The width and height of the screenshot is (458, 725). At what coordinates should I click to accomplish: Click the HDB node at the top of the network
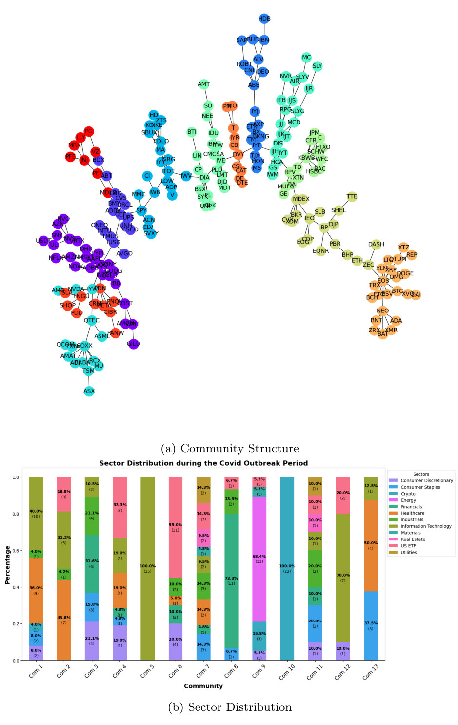[x=264, y=19]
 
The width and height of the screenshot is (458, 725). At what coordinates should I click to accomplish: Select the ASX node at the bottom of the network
[x=89, y=391]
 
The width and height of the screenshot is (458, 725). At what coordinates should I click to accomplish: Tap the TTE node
[x=352, y=197]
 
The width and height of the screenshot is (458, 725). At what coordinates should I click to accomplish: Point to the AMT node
[x=204, y=84]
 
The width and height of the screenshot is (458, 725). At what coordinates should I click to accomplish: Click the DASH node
[x=376, y=244]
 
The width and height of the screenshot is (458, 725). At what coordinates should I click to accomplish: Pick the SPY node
[x=141, y=210]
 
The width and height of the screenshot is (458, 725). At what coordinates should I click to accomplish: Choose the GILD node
[x=133, y=344]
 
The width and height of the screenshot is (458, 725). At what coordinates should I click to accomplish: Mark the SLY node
[x=317, y=66]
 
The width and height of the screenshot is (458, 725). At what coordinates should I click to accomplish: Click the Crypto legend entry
[x=408, y=494]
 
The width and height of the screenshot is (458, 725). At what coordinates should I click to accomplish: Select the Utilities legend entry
[x=409, y=552]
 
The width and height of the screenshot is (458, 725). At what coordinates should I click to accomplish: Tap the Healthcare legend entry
[x=412, y=513]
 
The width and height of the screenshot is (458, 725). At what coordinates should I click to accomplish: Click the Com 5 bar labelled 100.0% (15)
[x=147, y=569]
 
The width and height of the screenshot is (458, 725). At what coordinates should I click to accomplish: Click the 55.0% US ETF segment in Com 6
[x=175, y=527]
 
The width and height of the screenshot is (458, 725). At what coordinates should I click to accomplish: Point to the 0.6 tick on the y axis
[x=16, y=551]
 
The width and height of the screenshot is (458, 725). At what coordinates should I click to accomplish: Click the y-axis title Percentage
[x=7, y=565]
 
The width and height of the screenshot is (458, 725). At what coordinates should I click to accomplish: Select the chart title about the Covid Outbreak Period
[x=203, y=463]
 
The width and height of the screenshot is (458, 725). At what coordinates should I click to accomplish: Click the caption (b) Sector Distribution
[x=230, y=707]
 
